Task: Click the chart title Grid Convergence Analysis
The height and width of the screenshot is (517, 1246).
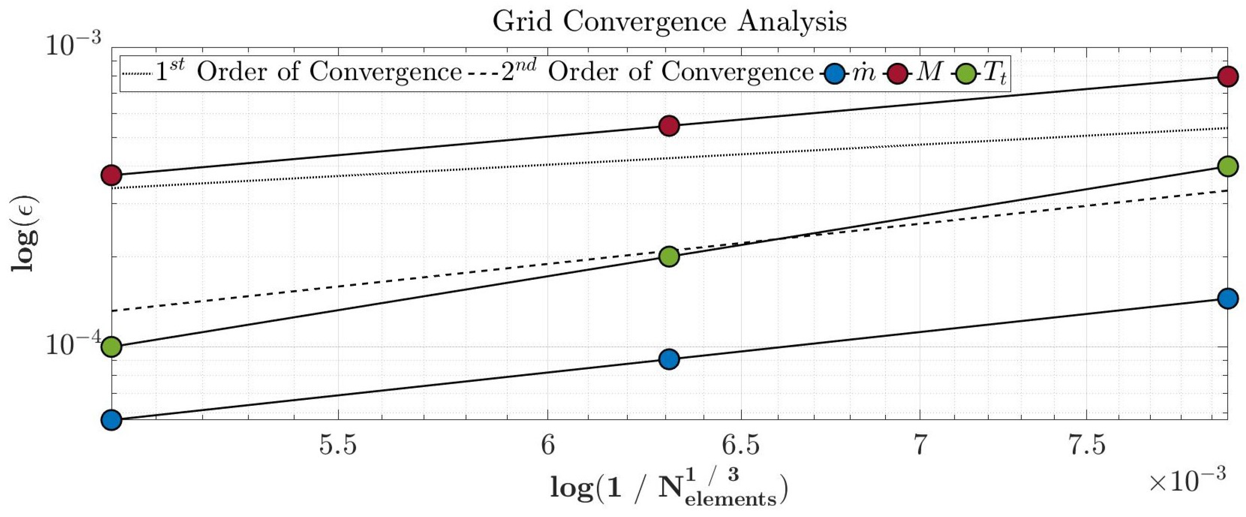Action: click(x=669, y=22)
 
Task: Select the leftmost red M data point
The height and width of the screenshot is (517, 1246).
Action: click(x=112, y=175)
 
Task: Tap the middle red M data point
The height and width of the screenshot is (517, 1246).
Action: click(x=669, y=126)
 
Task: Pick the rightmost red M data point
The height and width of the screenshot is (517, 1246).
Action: click(x=1228, y=76)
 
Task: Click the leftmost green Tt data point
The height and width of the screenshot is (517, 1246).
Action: click(x=112, y=347)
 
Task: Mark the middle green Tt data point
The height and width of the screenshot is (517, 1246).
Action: click(x=669, y=257)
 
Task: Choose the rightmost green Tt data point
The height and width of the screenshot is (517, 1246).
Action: click(x=1228, y=166)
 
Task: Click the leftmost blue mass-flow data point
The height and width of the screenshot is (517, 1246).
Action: click(x=112, y=420)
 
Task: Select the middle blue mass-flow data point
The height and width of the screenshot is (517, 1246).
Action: click(x=669, y=359)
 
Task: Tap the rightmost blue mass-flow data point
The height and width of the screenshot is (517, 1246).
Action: click(x=1228, y=299)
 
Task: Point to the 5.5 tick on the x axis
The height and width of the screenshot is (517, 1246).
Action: click(x=338, y=445)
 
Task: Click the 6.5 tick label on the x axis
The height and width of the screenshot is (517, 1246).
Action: click(x=741, y=445)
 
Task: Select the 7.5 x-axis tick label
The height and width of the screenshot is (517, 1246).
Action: click(x=1087, y=445)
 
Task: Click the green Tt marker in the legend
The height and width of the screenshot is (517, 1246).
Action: click(x=966, y=74)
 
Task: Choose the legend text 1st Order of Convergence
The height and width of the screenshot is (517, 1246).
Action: click(x=308, y=72)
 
